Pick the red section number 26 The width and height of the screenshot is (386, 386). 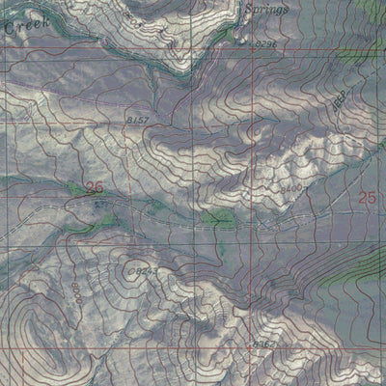pyautogui.click(x=94, y=187)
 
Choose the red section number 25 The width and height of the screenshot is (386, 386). pyautogui.click(x=366, y=197)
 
